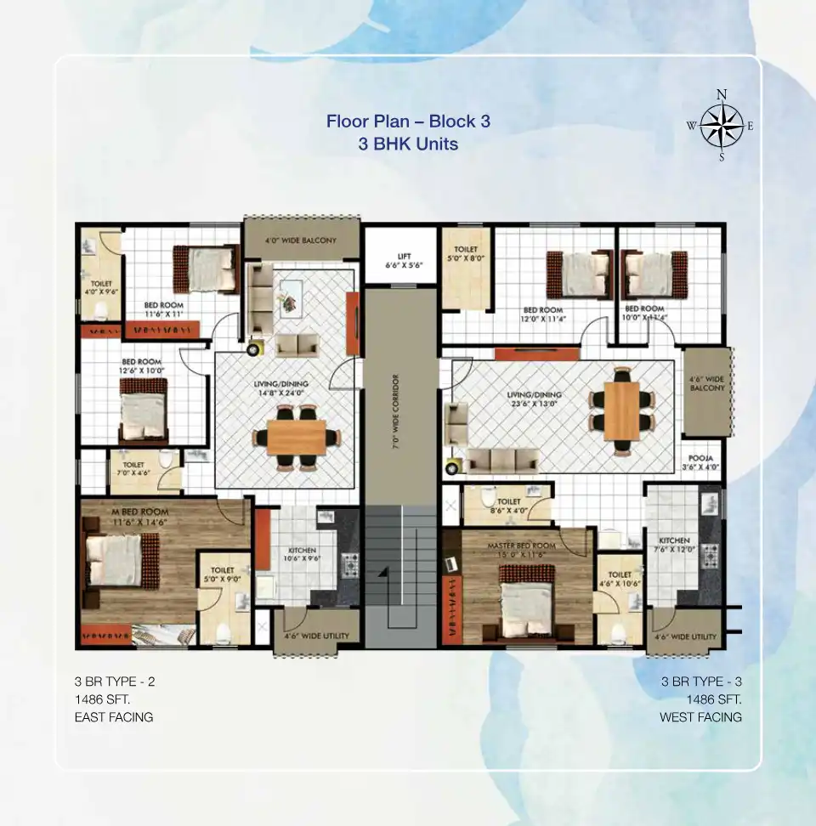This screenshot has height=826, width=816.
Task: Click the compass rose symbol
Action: point(722,126)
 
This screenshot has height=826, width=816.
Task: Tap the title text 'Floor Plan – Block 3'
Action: point(408,121)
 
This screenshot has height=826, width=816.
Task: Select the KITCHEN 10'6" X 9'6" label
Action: point(302,555)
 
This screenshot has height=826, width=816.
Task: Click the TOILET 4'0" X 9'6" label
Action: point(101,288)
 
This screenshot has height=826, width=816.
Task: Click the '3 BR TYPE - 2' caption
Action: point(115,682)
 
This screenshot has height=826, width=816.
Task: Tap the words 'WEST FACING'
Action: point(700,717)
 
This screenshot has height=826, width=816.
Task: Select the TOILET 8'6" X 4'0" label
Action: point(508,507)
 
